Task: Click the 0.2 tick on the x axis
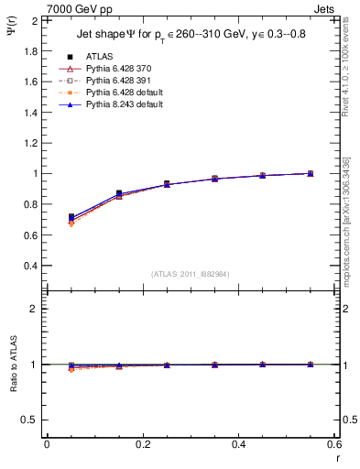(142, 444)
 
